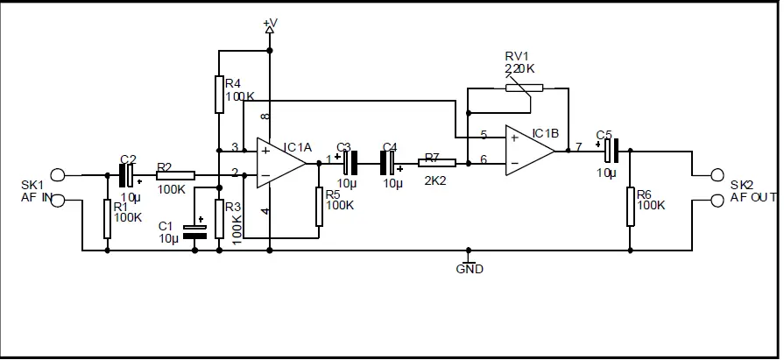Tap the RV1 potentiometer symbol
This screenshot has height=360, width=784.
click(524, 88)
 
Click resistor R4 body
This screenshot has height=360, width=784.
click(219, 95)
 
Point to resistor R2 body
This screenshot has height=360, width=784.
click(175, 175)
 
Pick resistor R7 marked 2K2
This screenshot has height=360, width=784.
click(437, 162)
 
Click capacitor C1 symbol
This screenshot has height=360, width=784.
click(194, 229)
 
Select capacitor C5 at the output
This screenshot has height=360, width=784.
click(611, 150)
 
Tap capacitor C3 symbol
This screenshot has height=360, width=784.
click(350, 162)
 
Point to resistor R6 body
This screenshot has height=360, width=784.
click(630, 207)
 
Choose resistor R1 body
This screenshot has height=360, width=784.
click(107, 219)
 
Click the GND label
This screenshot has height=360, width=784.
click(470, 269)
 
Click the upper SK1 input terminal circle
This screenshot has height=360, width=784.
click(58, 175)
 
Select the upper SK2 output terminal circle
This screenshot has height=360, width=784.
click(719, 175)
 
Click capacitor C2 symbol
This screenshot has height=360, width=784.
click(126, 175)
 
